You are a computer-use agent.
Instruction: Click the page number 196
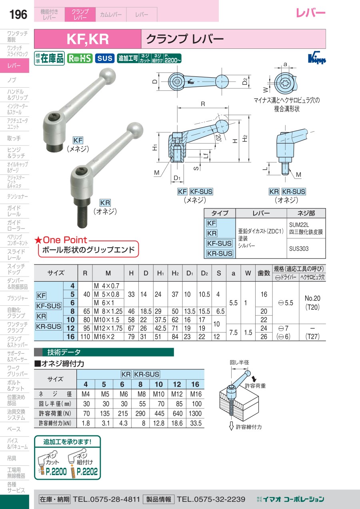[x=18, y=14]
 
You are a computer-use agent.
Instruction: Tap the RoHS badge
[x=80, y=58]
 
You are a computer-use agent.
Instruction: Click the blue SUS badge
[x=105, y=58]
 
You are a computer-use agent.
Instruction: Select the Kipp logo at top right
[x=317, y=59]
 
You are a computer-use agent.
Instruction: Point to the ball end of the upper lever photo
[x=107, y=76]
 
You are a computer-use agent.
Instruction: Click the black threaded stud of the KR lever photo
[x=82, y=213]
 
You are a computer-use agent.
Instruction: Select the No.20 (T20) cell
[x=312, y=303]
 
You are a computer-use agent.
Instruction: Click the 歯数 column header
[x=264, y=273]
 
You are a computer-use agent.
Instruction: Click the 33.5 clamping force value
[x=196, y=423]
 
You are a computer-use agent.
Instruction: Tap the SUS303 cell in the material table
[x=299, y=248]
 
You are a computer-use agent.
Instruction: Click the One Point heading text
[x=65, y=240]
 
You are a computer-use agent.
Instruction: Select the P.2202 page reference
[x=87, y=471]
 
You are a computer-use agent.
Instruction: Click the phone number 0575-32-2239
[x=211, y=499]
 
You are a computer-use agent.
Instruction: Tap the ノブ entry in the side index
[x=12, y=80]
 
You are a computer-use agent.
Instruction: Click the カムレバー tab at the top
[x=111, y=14]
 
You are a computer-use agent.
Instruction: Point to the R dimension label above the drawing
[x=203, y=104]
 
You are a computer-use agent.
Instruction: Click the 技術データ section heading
[x=64, y=352]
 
